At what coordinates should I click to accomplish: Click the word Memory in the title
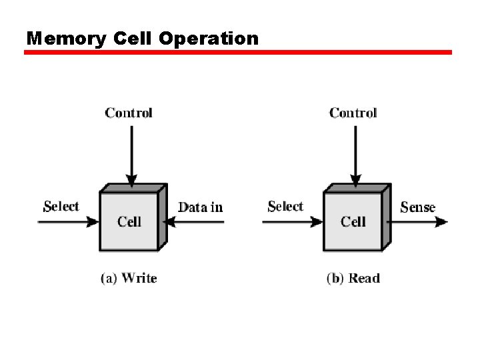pos(66,39)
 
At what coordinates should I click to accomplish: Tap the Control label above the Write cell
pos(129,113)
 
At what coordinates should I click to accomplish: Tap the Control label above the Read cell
pos(353,113)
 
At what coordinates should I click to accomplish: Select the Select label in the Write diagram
pos(61,207)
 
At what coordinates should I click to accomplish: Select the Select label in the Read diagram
pos(285,207)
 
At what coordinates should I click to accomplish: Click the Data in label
pos(201,207)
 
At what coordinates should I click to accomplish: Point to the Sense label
pos(418,207)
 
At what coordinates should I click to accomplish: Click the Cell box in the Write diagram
pos(129,221)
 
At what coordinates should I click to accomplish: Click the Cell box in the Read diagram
pos(353,221)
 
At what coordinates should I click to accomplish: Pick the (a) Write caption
pos(129,278)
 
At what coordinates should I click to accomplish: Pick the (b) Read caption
pos(353,278)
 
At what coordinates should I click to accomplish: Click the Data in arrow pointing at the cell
pos(193,222)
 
